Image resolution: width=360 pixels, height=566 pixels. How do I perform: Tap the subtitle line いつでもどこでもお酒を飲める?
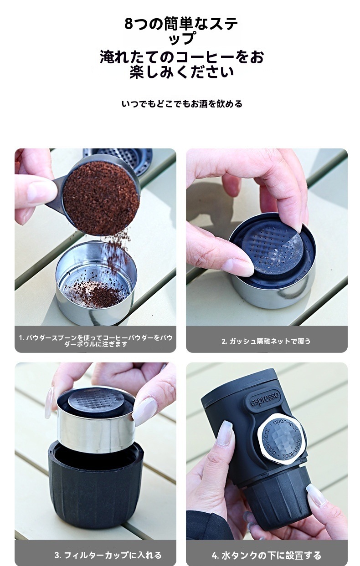coord(182,104)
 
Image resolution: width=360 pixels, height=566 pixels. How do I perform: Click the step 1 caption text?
coord(95,341)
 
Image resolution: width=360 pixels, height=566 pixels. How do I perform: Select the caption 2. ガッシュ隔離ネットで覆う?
coord(266,341)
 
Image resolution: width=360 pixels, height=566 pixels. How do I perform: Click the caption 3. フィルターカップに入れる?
coord(108,555)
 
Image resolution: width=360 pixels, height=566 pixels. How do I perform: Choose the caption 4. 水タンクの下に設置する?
coord(266,555)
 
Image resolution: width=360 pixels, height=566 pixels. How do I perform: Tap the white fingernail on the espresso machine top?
coord(224,433)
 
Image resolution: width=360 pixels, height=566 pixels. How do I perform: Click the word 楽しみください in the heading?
coord(182,72)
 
